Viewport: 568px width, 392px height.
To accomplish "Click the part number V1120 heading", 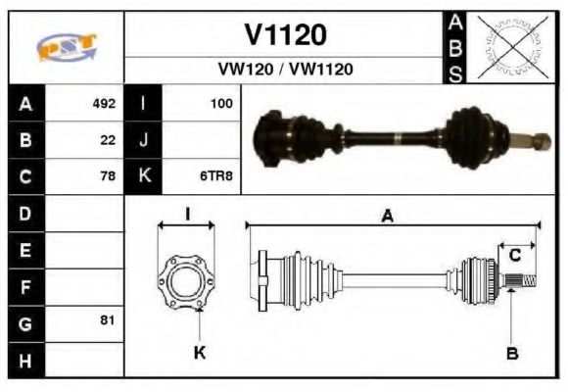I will (284, 34).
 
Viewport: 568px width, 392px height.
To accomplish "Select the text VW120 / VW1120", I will (285, 70).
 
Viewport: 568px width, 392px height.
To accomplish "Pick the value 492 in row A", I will (104, 103).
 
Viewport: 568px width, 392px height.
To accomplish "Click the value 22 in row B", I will (108, 139).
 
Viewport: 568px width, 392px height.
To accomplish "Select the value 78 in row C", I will (108, 176).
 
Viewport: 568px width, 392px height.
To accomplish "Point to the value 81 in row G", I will (108, 320).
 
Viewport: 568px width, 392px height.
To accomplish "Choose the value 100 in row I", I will (221, 103).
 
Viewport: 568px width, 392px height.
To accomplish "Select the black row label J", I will (143, 139).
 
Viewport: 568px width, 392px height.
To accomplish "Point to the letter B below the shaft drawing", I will (511, 353).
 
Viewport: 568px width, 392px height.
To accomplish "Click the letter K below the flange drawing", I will (200, 353).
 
